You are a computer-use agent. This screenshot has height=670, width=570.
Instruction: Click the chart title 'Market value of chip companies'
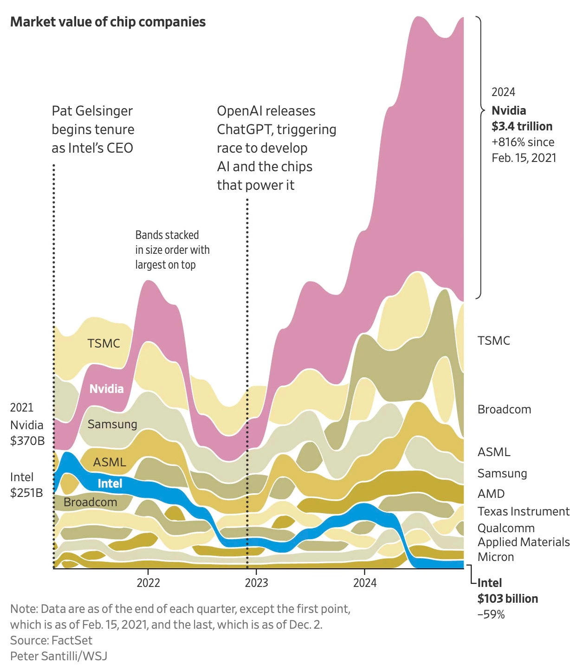108,22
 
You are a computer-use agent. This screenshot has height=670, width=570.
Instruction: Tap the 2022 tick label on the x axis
148,583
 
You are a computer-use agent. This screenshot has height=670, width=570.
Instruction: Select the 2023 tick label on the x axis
256,583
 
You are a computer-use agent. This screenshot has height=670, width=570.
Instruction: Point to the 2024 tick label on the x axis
365,583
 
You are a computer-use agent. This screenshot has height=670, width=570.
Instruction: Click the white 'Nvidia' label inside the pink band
106,389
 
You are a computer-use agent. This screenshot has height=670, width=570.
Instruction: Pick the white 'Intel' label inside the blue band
110,483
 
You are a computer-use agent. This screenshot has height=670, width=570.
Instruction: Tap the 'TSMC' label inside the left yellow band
104,343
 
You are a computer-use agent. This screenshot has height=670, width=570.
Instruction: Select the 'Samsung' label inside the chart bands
112,424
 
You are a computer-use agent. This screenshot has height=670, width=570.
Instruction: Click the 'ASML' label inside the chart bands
110,462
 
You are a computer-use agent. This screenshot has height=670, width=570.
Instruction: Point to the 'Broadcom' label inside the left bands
91,502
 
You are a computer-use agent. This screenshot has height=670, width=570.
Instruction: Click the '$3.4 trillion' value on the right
522,126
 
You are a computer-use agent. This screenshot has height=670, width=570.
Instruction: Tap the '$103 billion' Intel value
508,599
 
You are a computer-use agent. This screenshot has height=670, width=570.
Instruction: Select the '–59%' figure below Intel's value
491,614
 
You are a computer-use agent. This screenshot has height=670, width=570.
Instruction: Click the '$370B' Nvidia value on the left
27,440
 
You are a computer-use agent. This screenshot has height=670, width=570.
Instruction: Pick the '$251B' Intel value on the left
26,492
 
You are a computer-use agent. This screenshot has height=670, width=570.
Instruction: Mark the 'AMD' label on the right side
491,494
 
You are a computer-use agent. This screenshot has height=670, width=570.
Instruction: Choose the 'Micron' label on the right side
496,557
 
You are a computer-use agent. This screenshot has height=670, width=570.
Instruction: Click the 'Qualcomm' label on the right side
506,528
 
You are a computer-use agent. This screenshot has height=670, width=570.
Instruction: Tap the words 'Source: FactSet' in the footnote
51,640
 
